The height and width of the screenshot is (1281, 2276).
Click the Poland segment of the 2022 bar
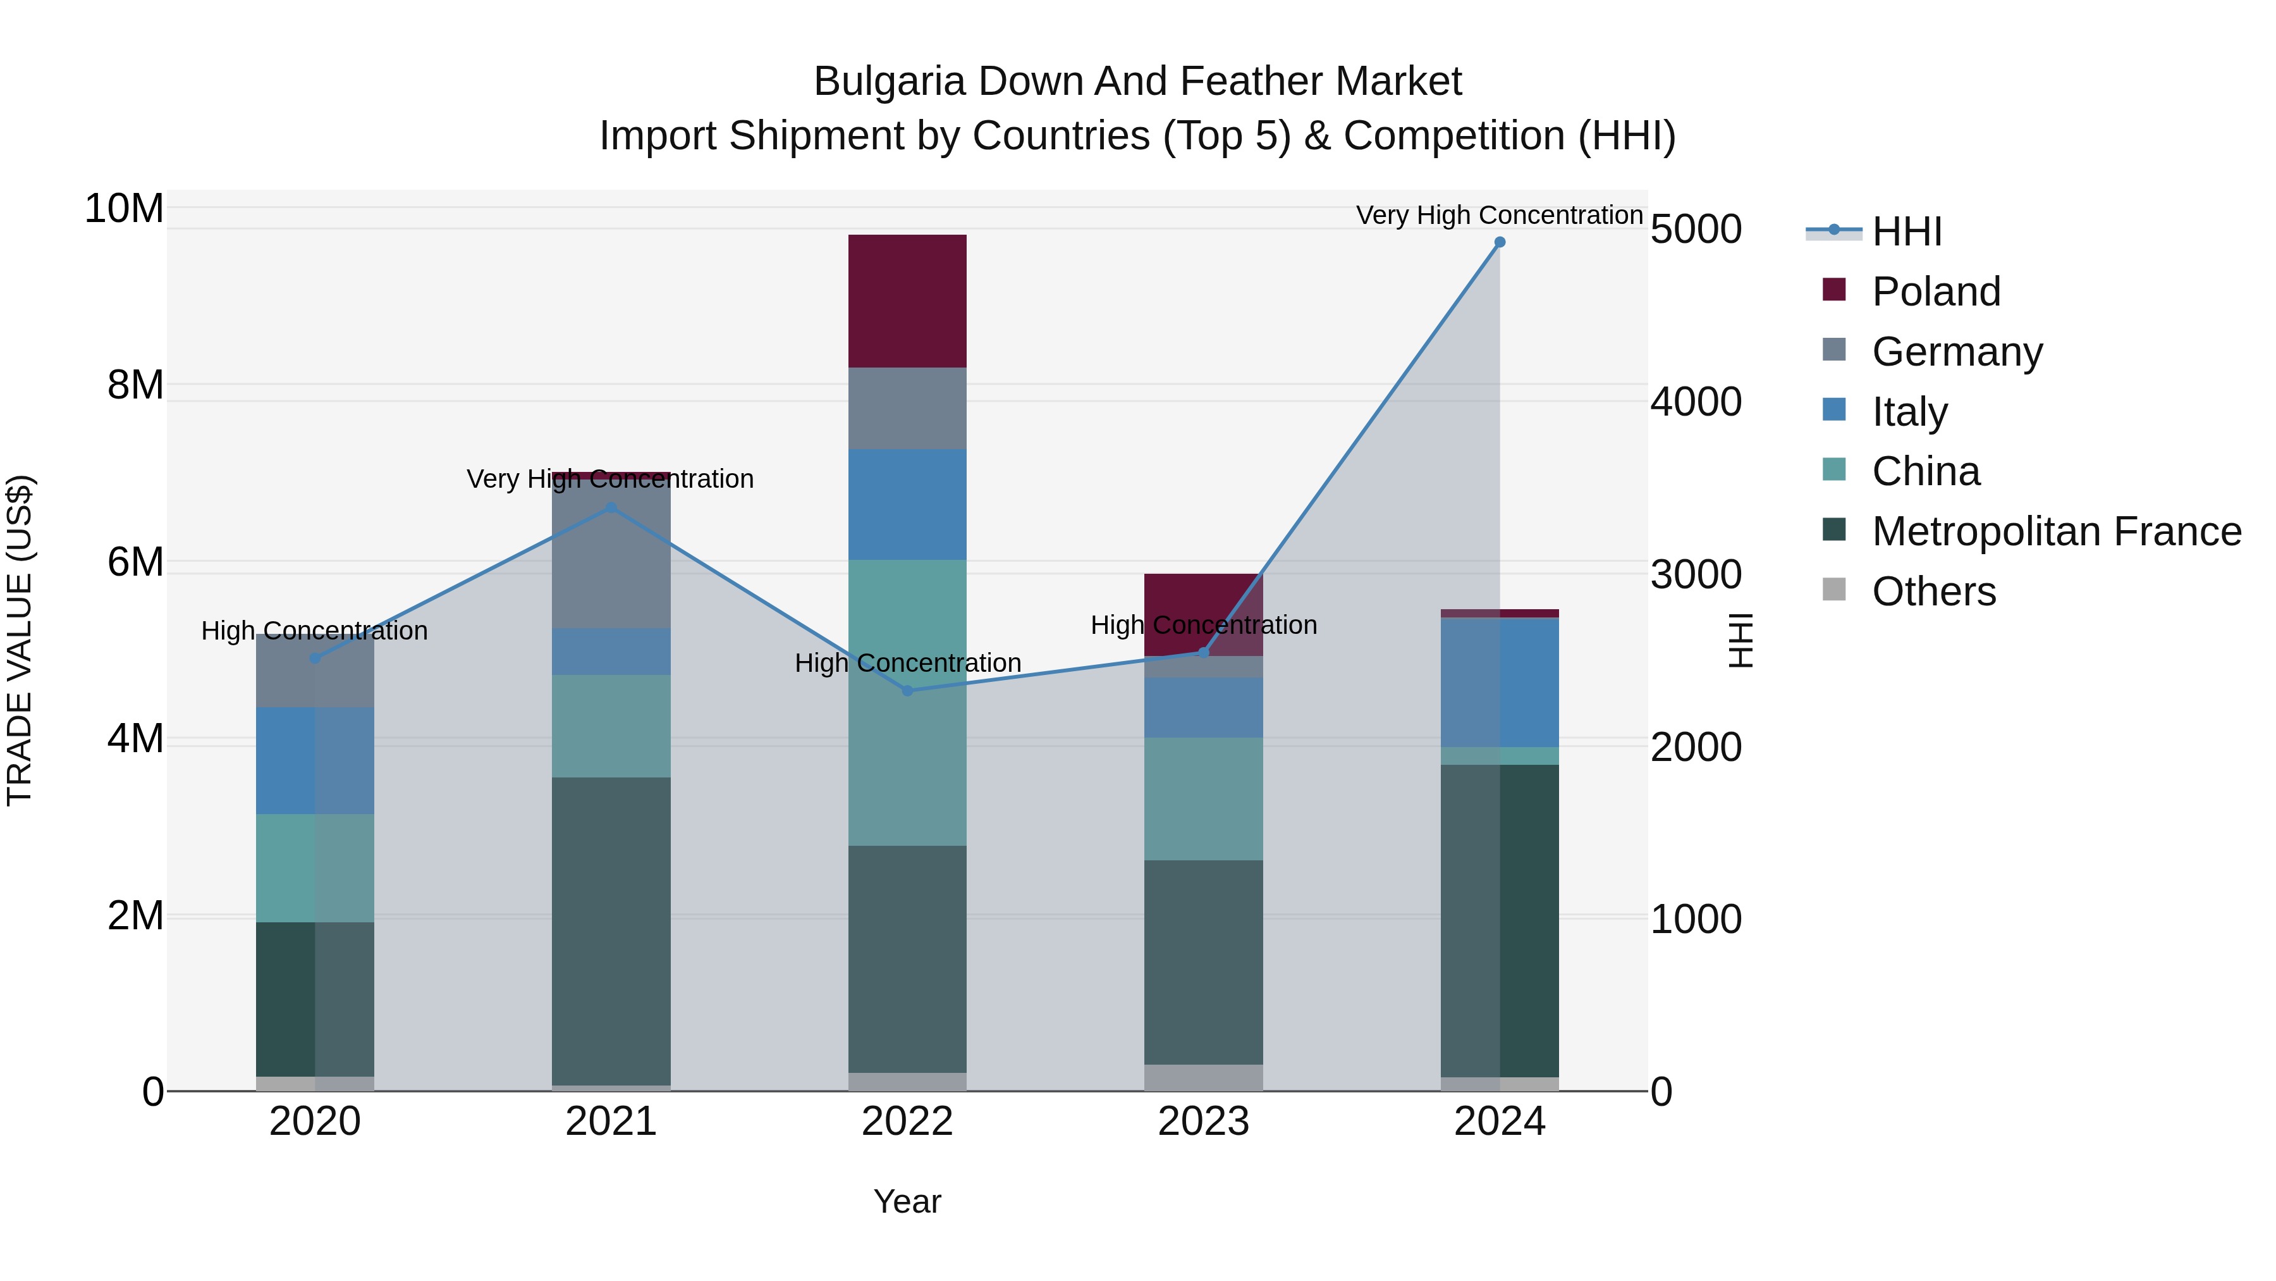907,300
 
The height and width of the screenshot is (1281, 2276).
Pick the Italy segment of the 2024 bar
1500,683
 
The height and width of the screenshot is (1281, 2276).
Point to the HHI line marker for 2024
1500,242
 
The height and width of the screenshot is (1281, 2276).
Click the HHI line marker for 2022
907,690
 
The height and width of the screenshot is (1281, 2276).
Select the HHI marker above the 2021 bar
611,507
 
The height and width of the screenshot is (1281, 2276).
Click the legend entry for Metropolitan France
2056,531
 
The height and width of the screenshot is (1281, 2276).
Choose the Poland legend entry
1935,292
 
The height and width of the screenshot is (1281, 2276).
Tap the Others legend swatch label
1933,591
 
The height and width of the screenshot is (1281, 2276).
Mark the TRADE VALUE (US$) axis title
20,640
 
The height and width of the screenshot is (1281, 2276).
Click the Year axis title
907,1201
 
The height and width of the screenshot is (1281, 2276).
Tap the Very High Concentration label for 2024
1500,215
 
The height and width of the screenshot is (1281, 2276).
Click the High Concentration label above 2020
315,630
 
